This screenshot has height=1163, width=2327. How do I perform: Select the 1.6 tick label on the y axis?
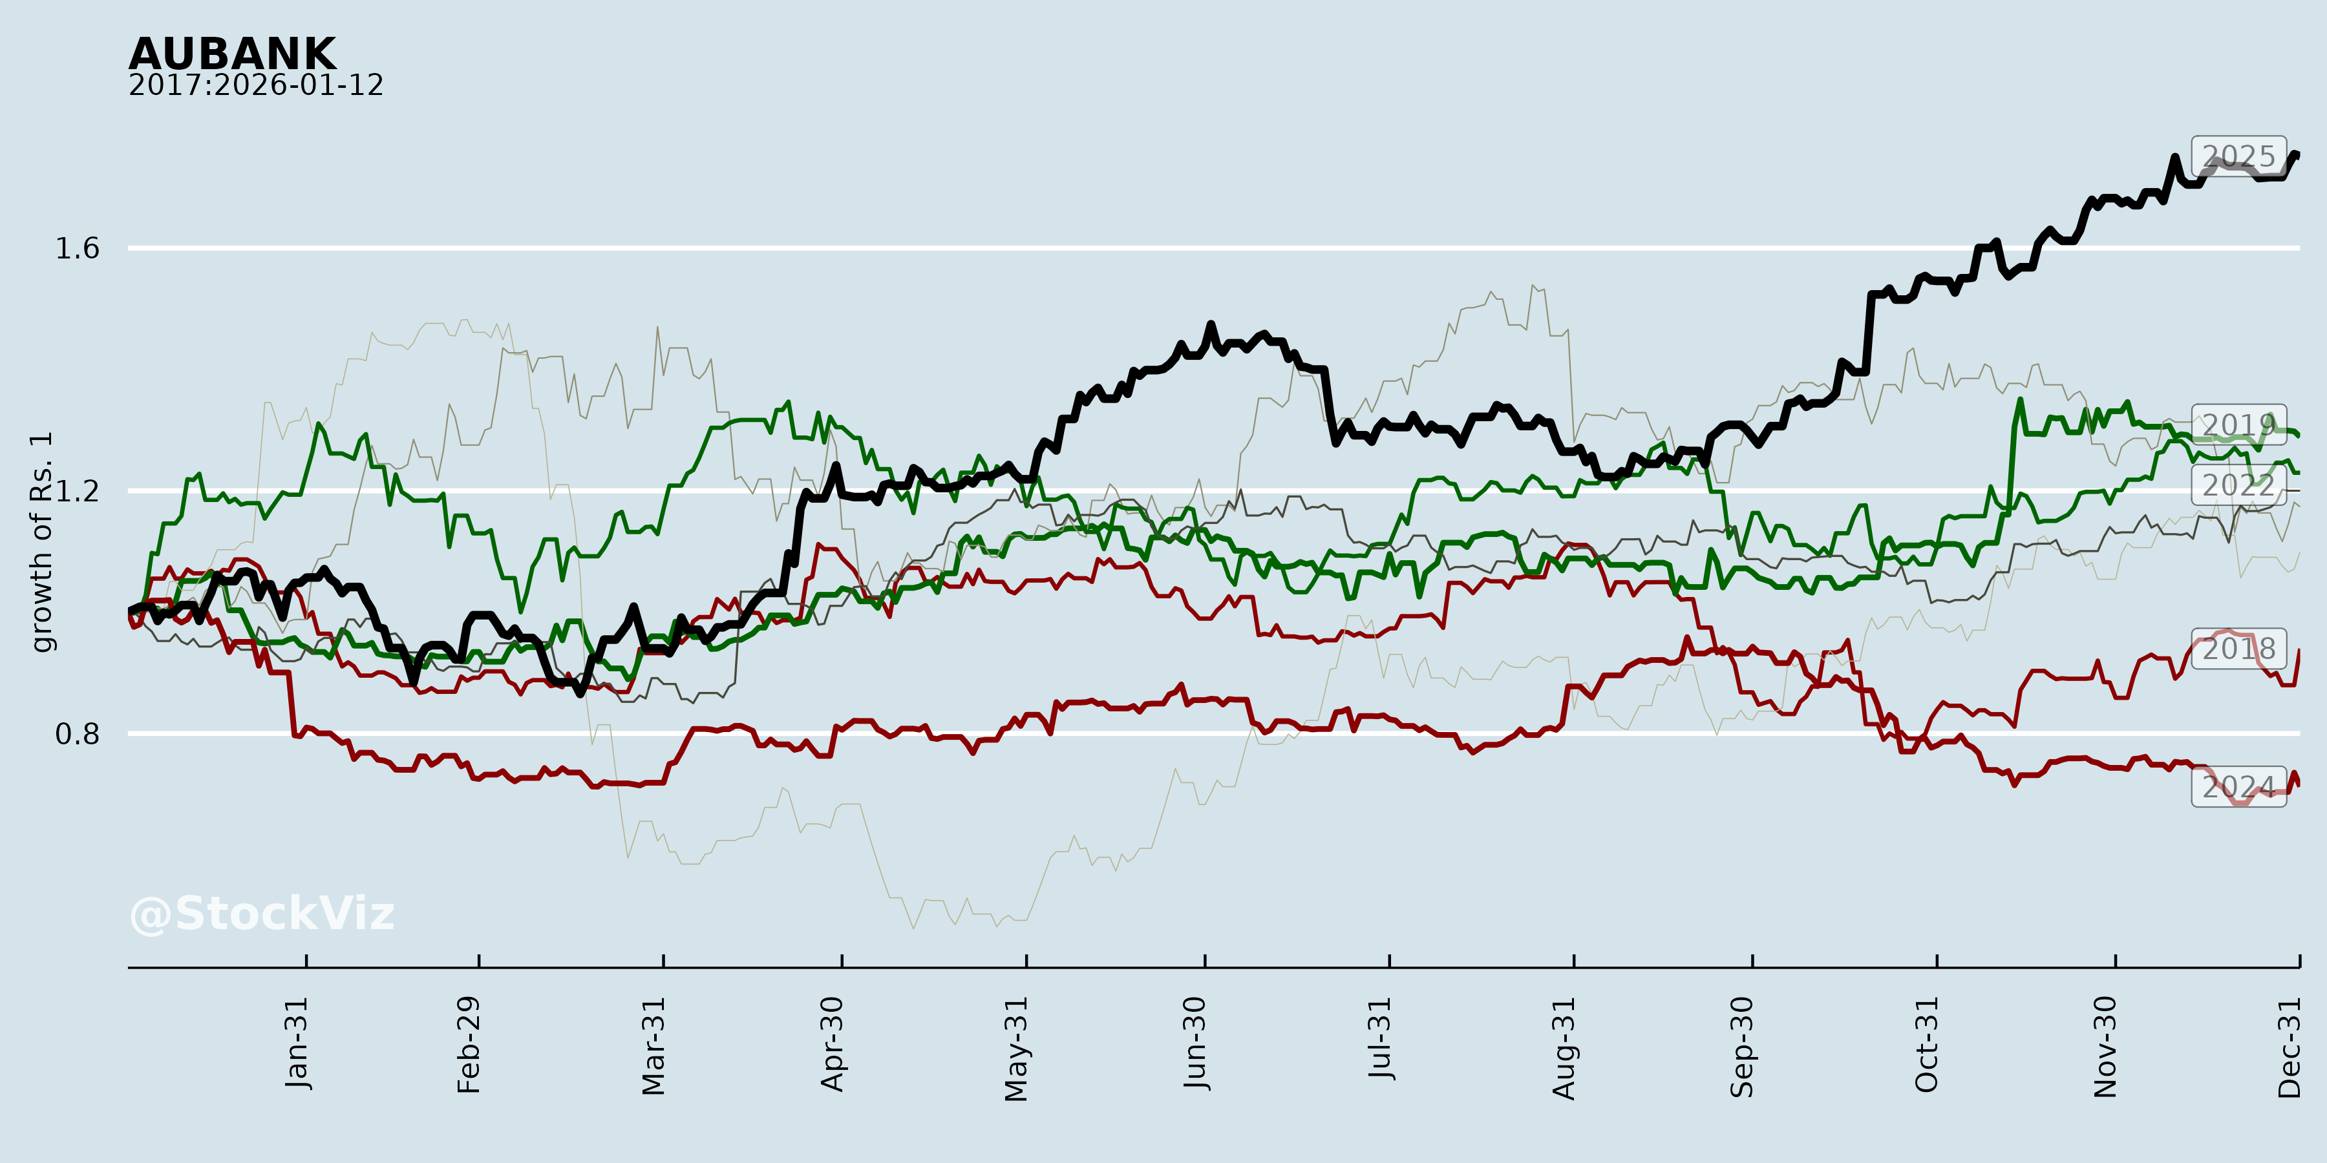[78, 248]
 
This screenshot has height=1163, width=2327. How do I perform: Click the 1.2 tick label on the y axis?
[78, 490]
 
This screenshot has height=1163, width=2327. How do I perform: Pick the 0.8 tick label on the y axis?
[78, 733]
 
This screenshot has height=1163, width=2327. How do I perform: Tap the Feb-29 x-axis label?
[469, 1045]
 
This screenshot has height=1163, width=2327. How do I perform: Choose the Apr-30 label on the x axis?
[832, 1044]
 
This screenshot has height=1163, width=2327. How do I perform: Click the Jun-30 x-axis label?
[1195, 1044]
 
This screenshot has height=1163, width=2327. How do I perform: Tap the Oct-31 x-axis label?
[1927, 1045]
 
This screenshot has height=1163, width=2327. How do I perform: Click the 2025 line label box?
[2238, 156]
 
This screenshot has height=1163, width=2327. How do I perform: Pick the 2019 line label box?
[2238, 424]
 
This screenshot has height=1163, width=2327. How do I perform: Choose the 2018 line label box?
[2238, 648]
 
